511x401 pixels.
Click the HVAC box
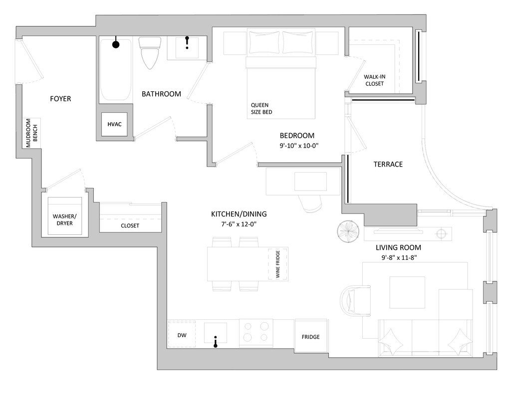pos(114,124)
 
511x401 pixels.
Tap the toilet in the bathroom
pos(149,52)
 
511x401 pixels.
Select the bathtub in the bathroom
pos(115,70)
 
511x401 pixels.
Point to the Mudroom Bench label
pos(28,133)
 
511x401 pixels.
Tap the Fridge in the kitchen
pos(310,337)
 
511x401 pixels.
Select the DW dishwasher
pos(182,335)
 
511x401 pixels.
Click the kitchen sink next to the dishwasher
pos(215,333)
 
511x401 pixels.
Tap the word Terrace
pos(388,164)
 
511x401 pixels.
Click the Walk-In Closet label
pos(374,80)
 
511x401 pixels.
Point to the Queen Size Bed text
pos(261,108)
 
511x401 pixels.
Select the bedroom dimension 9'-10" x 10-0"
pos(298,146)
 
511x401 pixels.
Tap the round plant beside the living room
pos(348,231)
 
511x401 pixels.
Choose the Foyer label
pos(60,99)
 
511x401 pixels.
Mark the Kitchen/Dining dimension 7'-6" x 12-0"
pos(239,224)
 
